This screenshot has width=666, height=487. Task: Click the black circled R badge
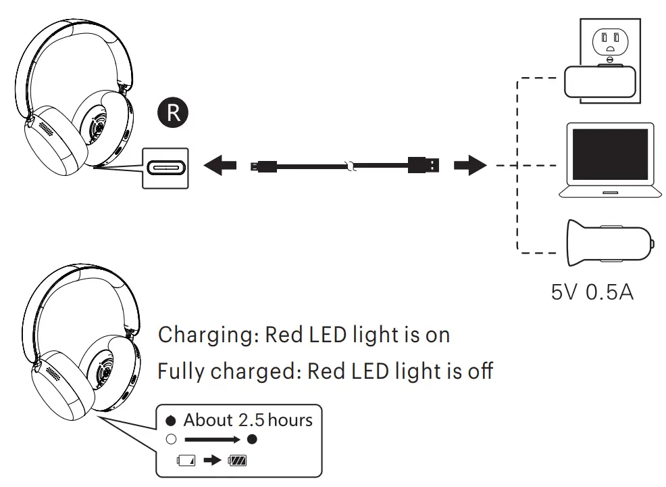pos(174,113)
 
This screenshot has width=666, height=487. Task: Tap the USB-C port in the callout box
pos(165,166)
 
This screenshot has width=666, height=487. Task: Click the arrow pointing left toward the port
pos(220,165)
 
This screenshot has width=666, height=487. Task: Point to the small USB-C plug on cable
pos(260,165)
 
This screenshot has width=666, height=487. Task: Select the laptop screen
pos(610,154)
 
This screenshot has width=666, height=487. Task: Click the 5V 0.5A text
pos(592,294)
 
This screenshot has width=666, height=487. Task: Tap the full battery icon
pos(237,461)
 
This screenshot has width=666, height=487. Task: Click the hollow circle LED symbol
pos(171,440)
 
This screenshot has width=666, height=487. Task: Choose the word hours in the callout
pos(290,420)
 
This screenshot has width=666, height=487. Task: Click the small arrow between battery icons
pos(212,461)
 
